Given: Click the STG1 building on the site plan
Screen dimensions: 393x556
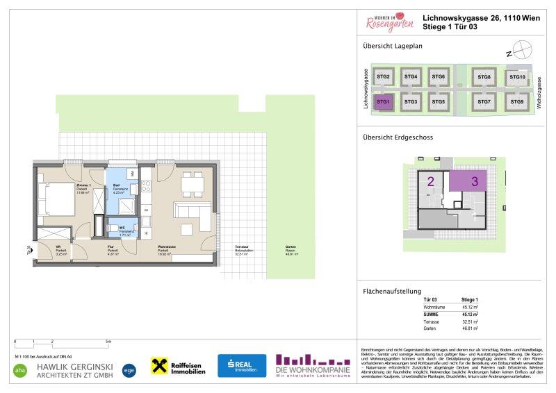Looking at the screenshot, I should pos(384,102).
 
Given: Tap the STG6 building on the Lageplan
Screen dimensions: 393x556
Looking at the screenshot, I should pos(438,77).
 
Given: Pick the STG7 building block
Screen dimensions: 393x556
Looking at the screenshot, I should pos(484,102).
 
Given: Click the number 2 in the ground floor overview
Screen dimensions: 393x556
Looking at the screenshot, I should pos(431,182).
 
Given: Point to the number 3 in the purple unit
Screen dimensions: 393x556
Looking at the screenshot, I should pos(475,182).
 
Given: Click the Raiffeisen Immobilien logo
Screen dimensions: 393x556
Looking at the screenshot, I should pos(179,366).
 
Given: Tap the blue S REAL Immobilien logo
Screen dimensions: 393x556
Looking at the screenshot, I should pos(241,365).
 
